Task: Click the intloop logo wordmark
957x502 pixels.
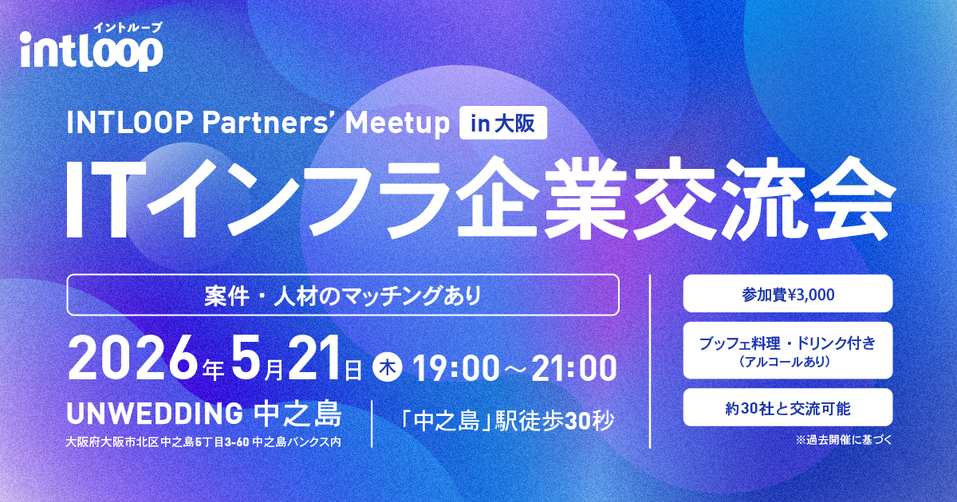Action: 92,51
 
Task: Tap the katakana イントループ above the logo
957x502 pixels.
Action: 128,28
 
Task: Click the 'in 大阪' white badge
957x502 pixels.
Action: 503,123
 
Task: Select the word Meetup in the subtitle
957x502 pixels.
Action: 397,124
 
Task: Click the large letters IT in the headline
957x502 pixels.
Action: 99,200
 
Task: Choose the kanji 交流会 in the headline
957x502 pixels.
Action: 763,198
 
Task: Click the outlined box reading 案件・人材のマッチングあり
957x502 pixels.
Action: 343,295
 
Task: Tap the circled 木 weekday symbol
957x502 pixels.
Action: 388,368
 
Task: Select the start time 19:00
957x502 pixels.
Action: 456,369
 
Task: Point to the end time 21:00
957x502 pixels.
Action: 573,369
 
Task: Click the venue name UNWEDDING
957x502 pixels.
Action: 155,414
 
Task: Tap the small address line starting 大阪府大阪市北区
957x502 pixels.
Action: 203,441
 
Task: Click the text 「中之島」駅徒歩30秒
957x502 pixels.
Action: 506,421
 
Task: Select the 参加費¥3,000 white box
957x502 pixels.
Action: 788,294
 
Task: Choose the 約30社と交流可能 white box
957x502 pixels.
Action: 788,408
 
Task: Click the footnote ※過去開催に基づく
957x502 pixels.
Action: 844,440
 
